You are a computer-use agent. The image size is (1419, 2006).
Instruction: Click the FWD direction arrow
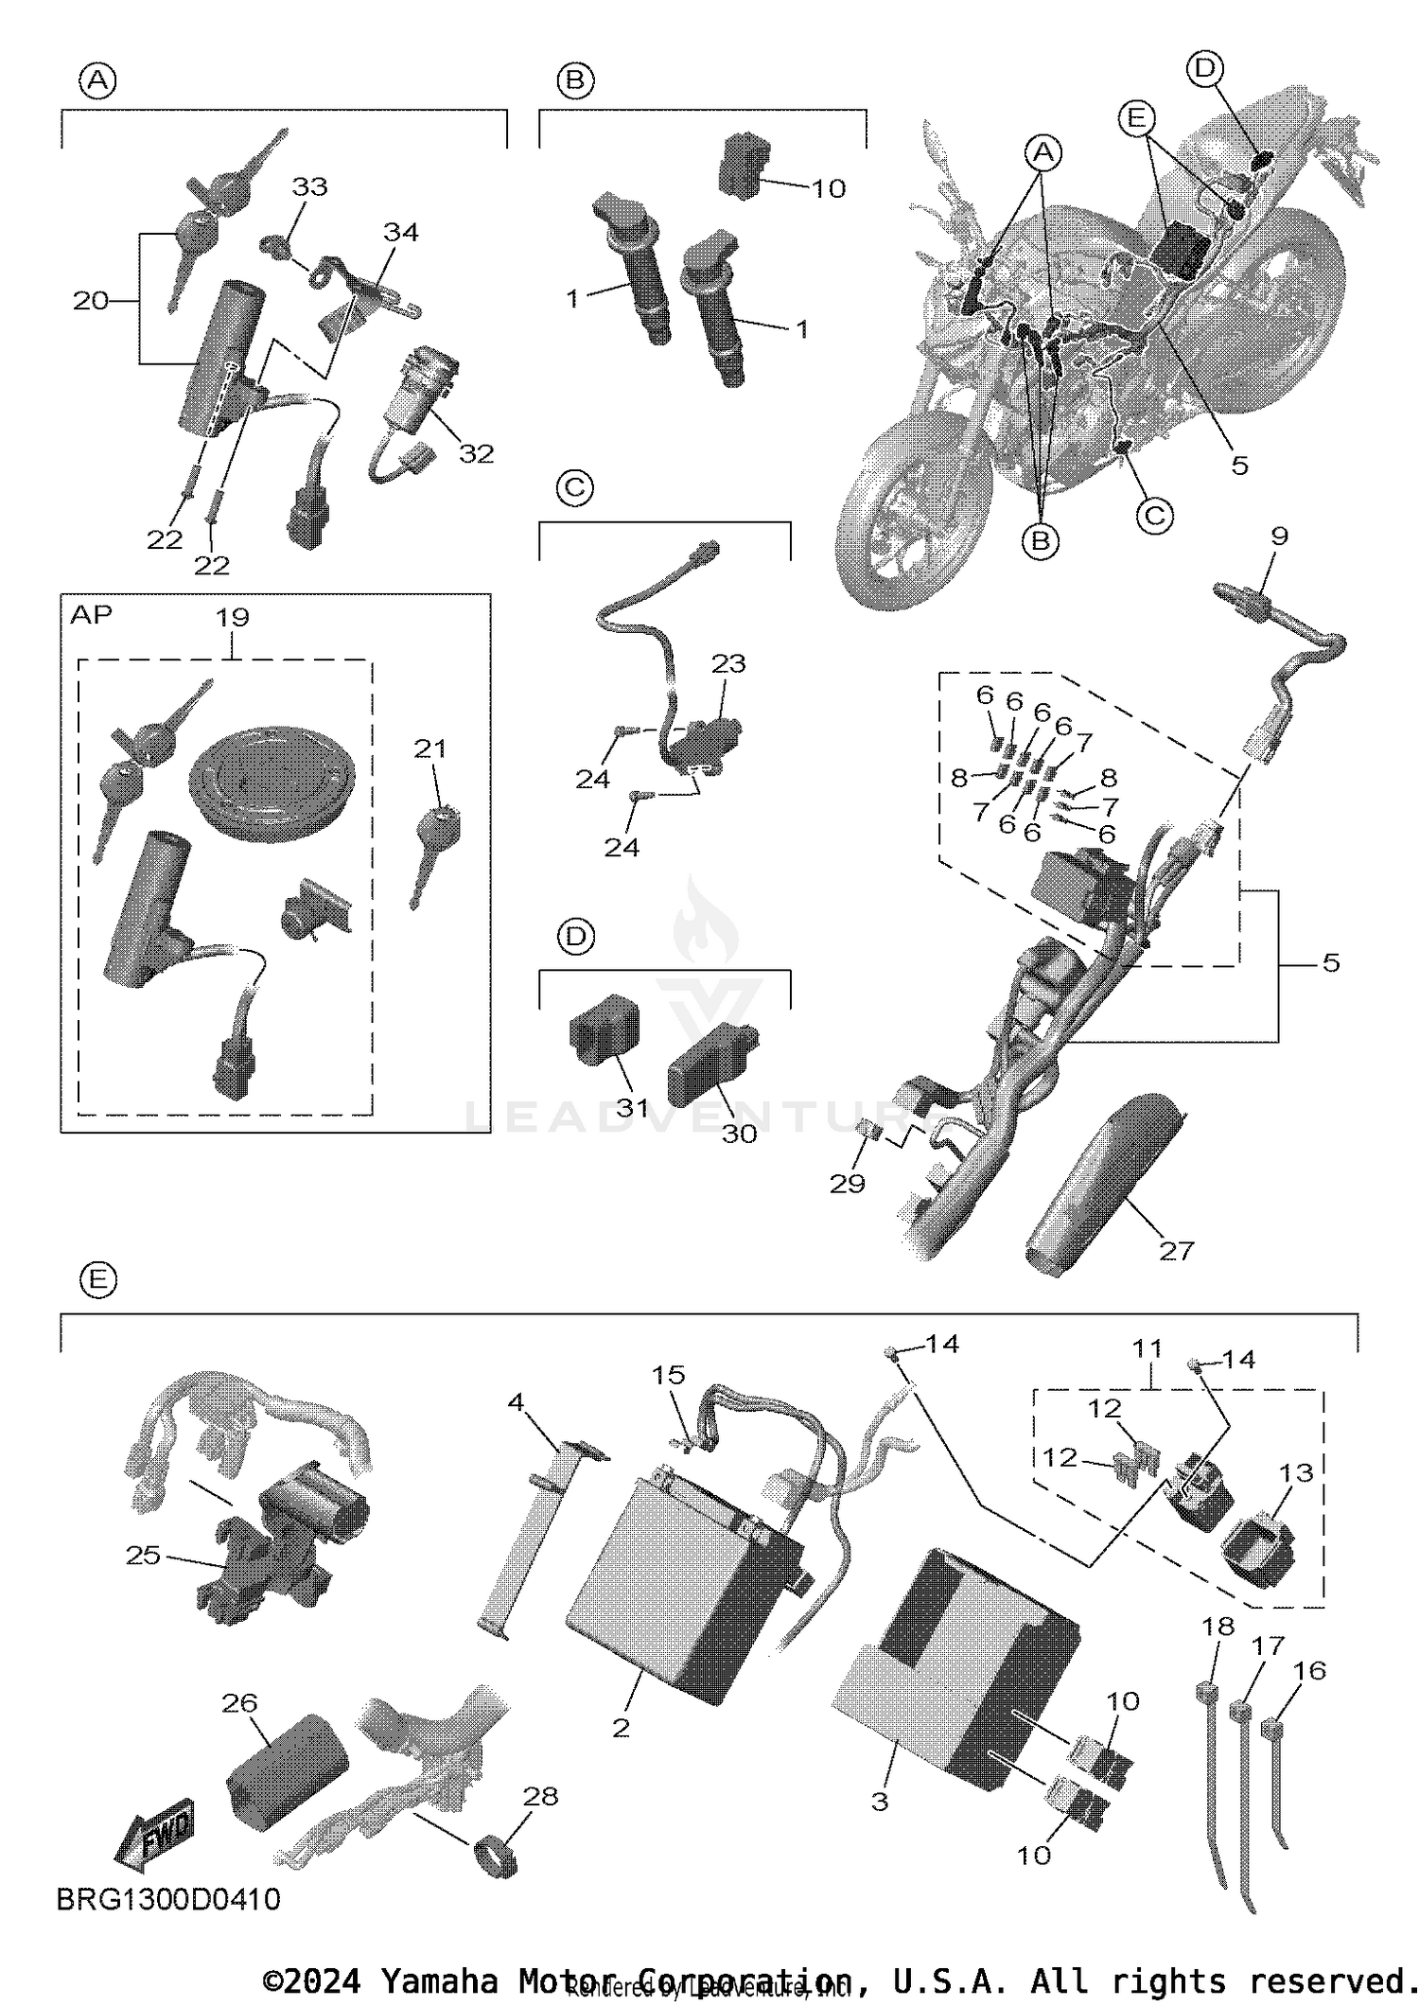(x=156, y=1834)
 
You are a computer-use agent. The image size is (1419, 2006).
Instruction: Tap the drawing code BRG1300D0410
(x=168, y=1898)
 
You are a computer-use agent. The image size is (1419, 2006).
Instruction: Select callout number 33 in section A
(x=309, y=186)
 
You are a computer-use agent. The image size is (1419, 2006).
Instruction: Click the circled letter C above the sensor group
(x=574, y=488)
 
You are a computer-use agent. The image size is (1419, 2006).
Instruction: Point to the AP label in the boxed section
(x=91, y=615)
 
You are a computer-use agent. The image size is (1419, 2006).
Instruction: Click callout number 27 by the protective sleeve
(x=1176, y=1251)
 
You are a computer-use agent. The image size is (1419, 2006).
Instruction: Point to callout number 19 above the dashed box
(x=233, y=618)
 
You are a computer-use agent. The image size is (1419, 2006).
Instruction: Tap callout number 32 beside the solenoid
(x=476, y=454)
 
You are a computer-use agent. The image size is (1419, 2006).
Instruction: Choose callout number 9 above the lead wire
(x=1279, y=536)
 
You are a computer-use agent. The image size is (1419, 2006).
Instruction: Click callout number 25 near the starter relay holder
(x=143, y=1556)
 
